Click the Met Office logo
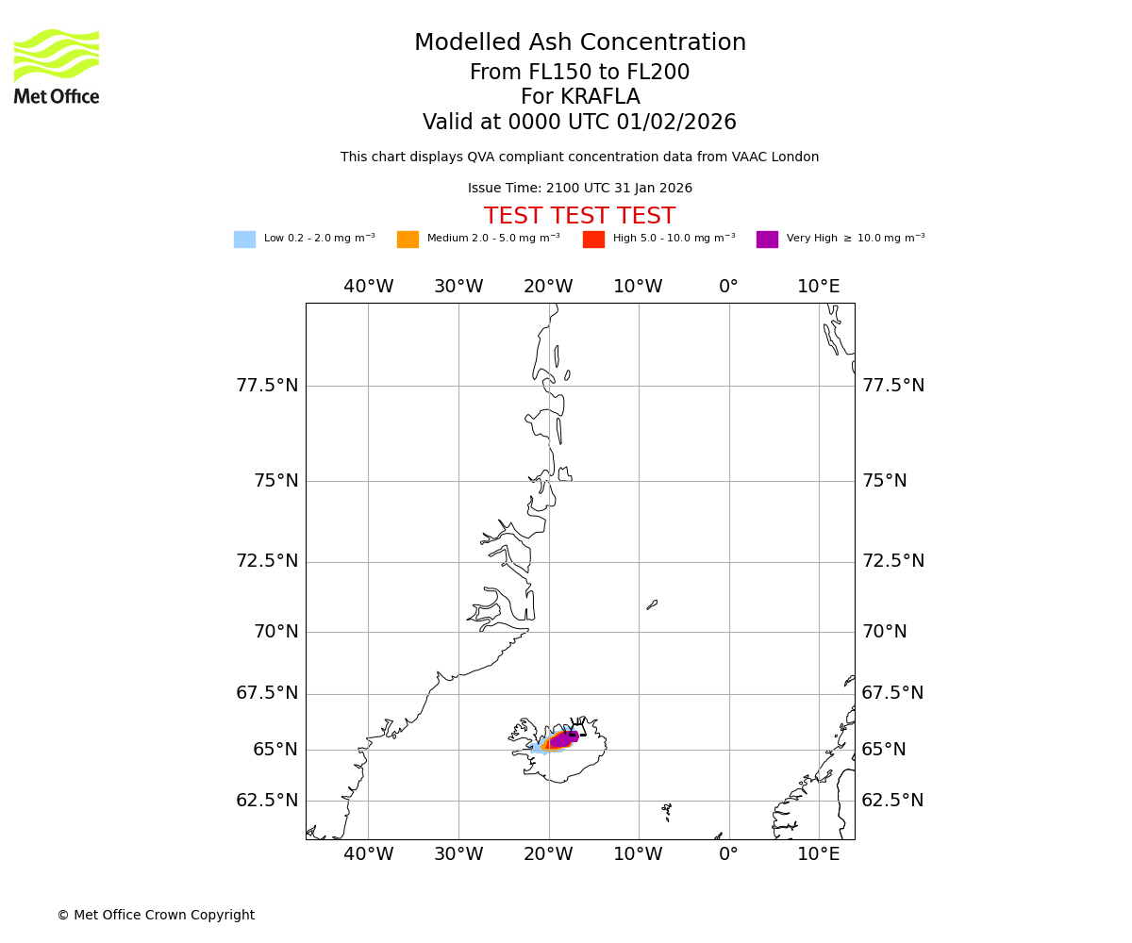[57, 66]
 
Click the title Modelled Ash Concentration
[580, 43]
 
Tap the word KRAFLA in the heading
[580, 97]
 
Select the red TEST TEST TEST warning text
[580, 217]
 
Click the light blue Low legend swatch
[244, 240]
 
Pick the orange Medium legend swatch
[408, 240]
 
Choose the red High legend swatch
[593, 240]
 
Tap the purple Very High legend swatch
[767, 240]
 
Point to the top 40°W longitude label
[368, 287]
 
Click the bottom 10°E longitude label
[819, 854]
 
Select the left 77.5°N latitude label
[267, 386]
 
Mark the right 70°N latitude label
[885, 632]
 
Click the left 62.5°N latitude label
[267, 801]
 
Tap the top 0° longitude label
[728, 287]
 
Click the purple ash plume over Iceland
[563, 739]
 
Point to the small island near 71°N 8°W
[652, 604]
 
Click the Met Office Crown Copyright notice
[156, 916]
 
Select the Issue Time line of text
[580, 189]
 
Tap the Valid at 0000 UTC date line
[580, 123]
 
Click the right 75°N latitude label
[885, 481]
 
